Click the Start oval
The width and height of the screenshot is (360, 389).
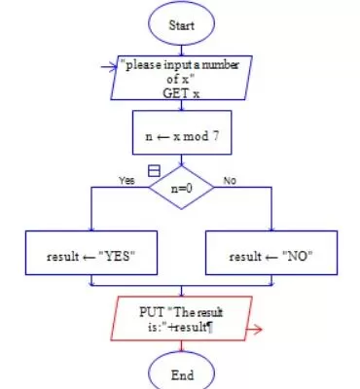click(x=181, y=24)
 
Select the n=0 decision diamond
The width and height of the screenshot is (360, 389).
click(x=181, y=188)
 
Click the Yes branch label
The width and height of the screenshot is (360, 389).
click(x=126, y=180)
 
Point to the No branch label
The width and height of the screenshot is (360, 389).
click(x=230, y=181)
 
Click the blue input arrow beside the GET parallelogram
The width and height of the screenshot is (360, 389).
click(x=109, y=67)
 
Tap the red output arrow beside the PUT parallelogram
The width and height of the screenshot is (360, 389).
click(x=254, y=330)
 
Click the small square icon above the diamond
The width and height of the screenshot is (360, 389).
click(x=154, y=170)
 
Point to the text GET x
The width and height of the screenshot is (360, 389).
click(x=181, y=93)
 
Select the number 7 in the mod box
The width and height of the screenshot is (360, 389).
click(x=215, y=136)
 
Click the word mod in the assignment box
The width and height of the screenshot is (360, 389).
click(x=196, y=136)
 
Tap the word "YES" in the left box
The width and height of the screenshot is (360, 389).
click(x=116, y=257)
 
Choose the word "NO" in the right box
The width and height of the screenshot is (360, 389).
click(x=297, y=257)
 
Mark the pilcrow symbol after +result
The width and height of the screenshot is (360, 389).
click(x=210, y=328)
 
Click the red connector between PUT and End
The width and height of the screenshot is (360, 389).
click(x=181, y=346)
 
